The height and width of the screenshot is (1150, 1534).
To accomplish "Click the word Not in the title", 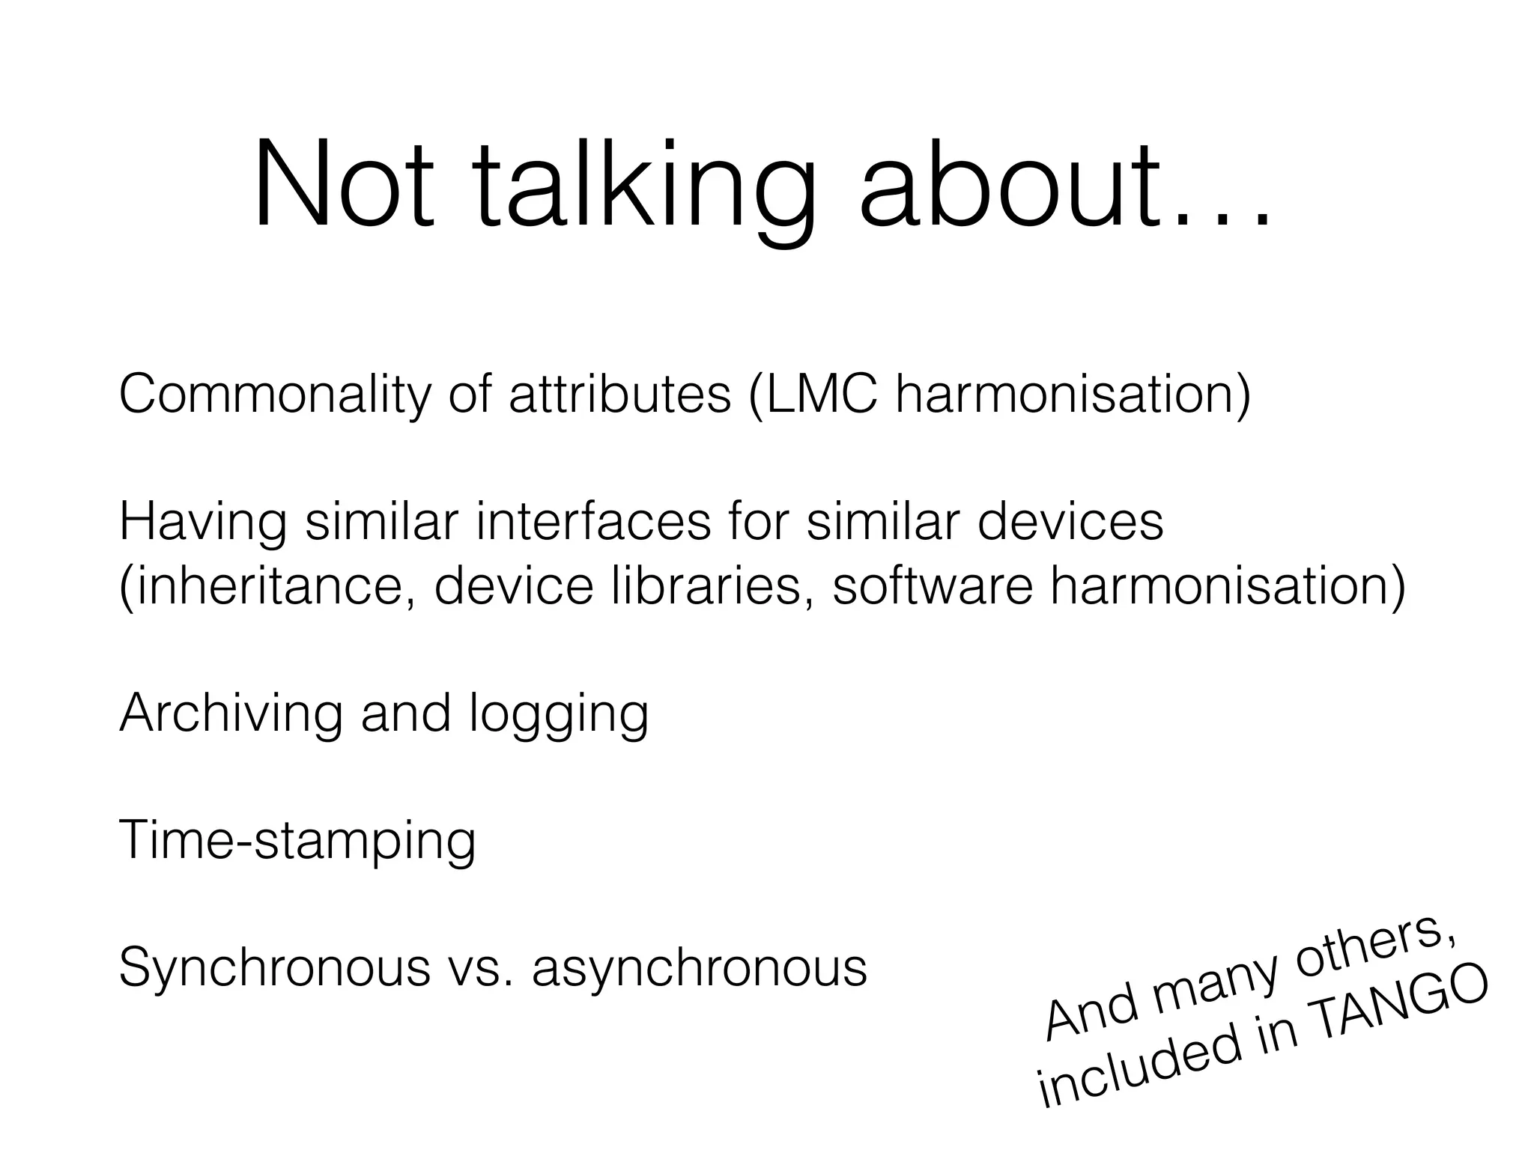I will click(344, 185).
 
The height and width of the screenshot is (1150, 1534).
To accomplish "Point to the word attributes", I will click(619, 395).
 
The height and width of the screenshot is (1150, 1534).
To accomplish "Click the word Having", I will click(202, 522).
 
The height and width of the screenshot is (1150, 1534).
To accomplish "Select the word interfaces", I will click(592, 522).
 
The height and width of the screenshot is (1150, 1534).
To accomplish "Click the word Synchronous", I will click(274, 968).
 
